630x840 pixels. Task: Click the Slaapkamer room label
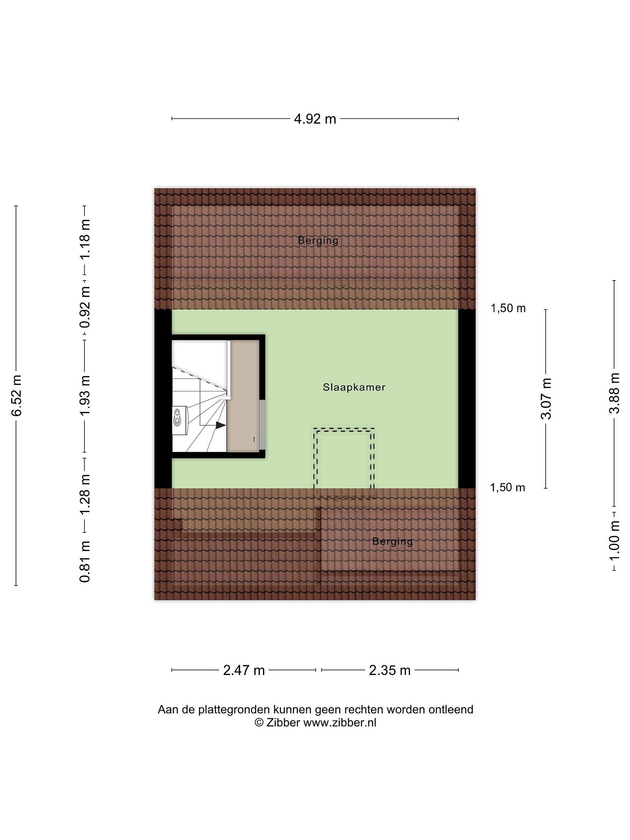click(354, 387)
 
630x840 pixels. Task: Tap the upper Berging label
click(318, 240)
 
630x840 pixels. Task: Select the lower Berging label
click(392, 542)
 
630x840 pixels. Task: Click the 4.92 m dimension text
click(315, 119)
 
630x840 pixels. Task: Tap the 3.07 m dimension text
click(546, 398)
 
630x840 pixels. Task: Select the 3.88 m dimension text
click(614, 393)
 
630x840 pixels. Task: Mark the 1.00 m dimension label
click(614, 540)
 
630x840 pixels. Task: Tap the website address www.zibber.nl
click(340, 723)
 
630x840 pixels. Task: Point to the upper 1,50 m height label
click(508, 308)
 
